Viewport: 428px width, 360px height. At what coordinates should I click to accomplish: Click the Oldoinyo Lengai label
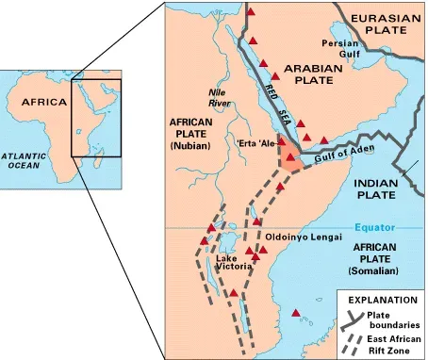[302, 236]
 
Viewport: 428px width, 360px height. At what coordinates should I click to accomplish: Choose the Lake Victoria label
[233, 263]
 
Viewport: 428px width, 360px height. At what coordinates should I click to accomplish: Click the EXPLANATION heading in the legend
[381, 299]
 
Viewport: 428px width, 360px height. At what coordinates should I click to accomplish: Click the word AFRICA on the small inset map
[45, 102]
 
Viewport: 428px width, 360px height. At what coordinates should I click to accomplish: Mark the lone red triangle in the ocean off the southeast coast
[298, 313]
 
